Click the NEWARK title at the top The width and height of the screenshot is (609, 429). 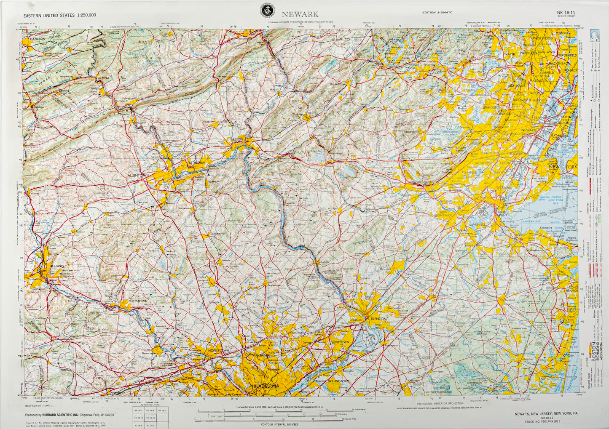point(300,14)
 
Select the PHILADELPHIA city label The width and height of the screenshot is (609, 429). point(264,386)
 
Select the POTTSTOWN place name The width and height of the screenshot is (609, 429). point(138,301)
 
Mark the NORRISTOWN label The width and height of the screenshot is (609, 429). point(218,350)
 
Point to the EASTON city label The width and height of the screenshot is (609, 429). point(236,139)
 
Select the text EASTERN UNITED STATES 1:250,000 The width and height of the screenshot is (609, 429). point(59,16)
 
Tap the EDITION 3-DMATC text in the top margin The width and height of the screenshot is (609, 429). point(437,13)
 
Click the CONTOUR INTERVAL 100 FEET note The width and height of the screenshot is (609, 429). point(279,424)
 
